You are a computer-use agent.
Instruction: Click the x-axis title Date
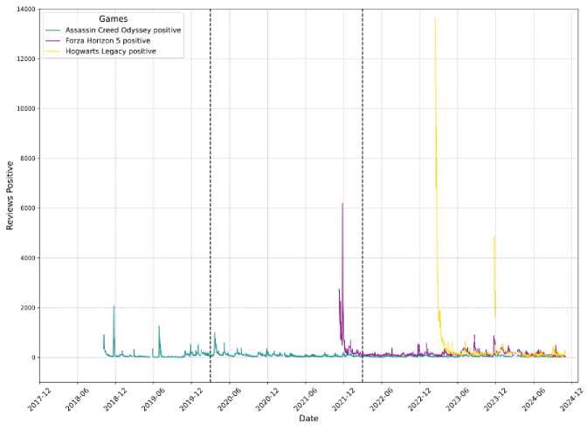pos(308,419)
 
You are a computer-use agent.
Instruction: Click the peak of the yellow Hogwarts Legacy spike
pos(435,18)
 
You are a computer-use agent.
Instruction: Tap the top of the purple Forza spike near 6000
pos(342,203)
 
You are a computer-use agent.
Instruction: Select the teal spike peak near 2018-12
pos(114,306)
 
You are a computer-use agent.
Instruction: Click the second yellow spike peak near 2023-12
pos(494,236)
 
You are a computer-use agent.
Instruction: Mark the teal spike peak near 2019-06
pos(159,326)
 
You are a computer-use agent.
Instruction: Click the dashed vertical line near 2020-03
pos(211,174)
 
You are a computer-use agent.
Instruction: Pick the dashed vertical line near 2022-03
pos(363,174)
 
